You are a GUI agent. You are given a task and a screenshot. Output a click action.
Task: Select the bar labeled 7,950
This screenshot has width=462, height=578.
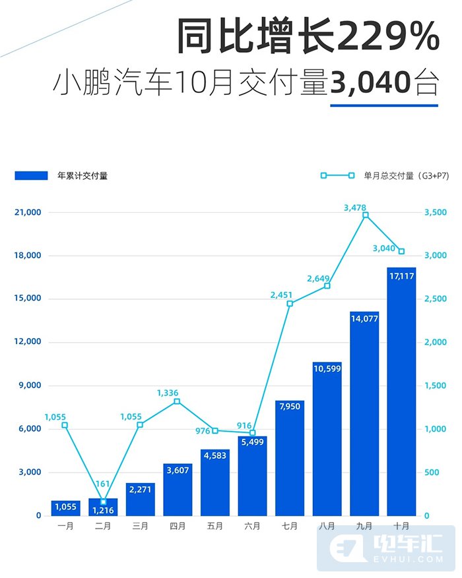pyautogui.click(x=290, y=457)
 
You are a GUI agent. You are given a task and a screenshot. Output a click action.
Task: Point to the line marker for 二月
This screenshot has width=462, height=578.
pyautogui.click(x=103, y=502)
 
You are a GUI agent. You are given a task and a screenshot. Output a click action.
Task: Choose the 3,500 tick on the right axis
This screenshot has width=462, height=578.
pyautogui.click(x=435, y=212)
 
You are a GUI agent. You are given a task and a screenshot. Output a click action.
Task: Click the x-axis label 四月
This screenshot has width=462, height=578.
pyautogui.click(x=178, y=527)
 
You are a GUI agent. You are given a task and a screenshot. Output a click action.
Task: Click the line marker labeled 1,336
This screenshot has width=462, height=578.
pyautogui.click(x=177, y=401)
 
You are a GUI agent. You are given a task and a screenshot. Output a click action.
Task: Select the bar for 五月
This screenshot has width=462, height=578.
pyautogui.click(x=215, y=482)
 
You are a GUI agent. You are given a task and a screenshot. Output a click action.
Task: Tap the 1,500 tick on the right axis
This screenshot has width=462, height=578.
pyautogui.click(x=435, y=386)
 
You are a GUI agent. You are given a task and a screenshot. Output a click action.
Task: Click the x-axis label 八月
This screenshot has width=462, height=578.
pyautogui.click(x=327, y=527)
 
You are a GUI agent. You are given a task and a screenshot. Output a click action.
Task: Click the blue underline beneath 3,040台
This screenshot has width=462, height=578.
pyautogui.click(x=383, y=103)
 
